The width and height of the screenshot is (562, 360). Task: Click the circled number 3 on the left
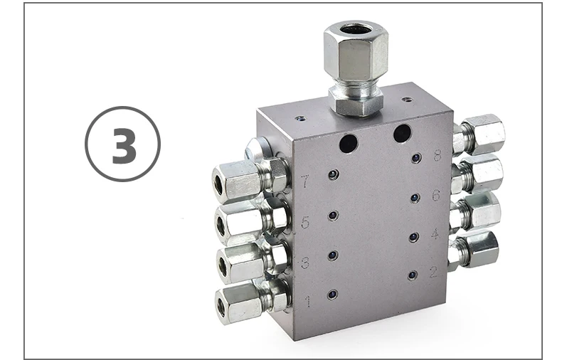click(122, 144)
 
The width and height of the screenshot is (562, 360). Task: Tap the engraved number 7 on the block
click(305, 181)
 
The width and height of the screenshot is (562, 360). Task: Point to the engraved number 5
click(305, 222)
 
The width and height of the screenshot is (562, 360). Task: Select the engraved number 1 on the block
click(307, 301)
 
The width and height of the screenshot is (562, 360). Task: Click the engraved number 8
click(437, 155)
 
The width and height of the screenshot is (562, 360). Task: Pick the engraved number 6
click(435, 194)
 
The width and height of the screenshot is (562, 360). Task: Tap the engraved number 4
click(434, 233)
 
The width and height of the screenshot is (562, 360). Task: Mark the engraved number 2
click(433, 272)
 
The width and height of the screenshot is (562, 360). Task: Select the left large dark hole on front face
click(349, 144)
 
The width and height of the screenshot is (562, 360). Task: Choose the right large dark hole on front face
click(403, 133)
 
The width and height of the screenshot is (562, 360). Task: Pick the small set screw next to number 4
click(413, 236)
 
